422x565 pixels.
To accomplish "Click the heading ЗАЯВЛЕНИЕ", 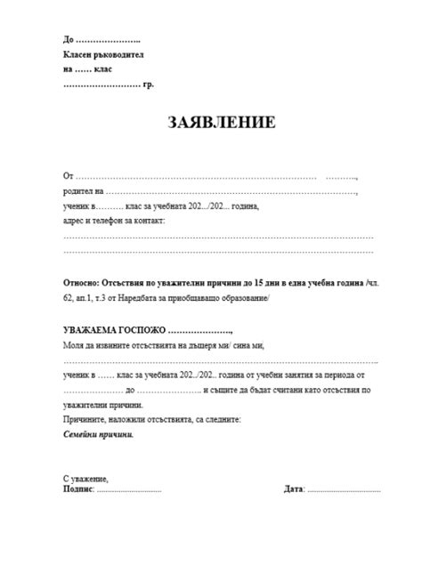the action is [x=211, y=122].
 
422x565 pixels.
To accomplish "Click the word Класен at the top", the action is [x=77, y=55].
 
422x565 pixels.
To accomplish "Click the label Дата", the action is [x=294, y=489].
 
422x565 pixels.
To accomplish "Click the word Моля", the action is [x=73, y=344].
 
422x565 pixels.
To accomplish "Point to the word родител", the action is [x=77, y=190].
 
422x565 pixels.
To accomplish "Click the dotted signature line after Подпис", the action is [x=128, y=490].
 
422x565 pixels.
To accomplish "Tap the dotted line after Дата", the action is [x=344, y=490].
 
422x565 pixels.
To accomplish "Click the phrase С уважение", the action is [x=85, y=479].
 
